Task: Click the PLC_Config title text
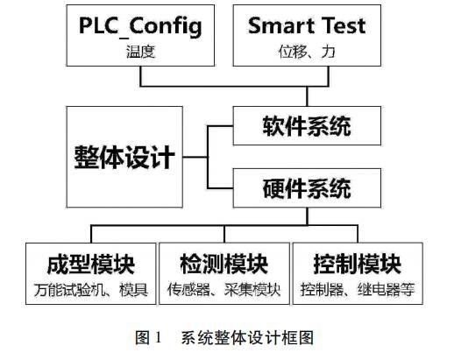click(x=140, y=26)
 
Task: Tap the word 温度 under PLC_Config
click(x=140, y=52)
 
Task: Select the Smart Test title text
click(x=307, y=25)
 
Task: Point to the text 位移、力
click(x=307, y=52)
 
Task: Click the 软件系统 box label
click(x=307, y=126)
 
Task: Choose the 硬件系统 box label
click(x=307, y=188)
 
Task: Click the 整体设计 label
click(x=124, y=157)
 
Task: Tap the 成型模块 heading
click(x=91, y=265)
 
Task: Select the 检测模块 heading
click(x=224, y=265)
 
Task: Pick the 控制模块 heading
click(x=358, y=265)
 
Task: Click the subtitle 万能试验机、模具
click(x=91, y=290)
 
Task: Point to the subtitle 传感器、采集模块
click(x=224, y=290)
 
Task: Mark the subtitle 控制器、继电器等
click(x=358, y=290)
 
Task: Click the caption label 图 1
click(x=148, y=338)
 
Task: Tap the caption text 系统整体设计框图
click(x=247, y=338)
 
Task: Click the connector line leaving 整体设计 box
click(x=195, y=157)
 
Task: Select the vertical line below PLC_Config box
click(x=141, y=76)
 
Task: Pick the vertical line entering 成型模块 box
click(x=91, y=234)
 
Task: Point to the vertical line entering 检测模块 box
click(x=224, y=234)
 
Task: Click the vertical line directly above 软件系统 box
click(x=307, y=96)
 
